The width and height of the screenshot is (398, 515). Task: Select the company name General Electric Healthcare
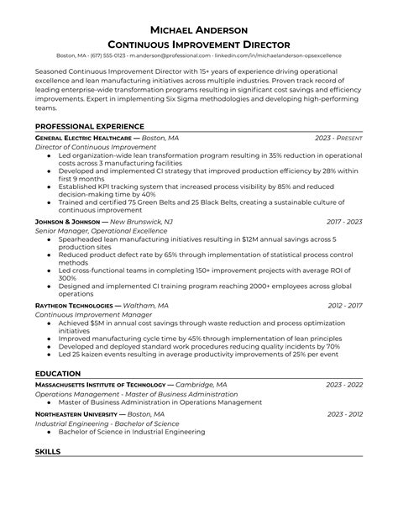[x=83, y=137]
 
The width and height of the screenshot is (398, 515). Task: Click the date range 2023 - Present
[x=338, y=137]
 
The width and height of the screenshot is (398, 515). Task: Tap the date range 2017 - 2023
[x=344, y=221]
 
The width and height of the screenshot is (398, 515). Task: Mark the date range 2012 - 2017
[x=344, y=305]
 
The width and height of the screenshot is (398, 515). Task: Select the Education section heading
[x=58, y=373]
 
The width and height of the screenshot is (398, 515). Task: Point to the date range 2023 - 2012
[x=344, y=414]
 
